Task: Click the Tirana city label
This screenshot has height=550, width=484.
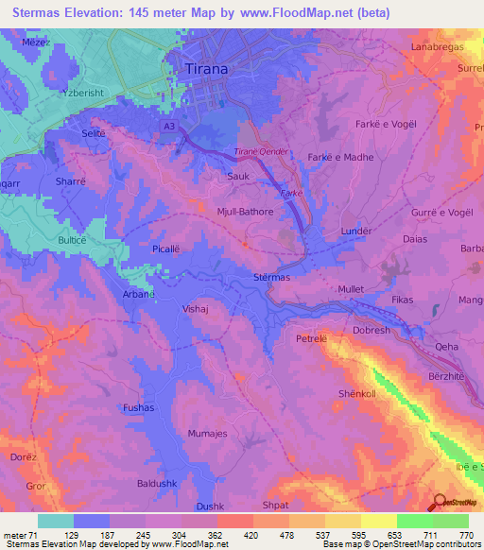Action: (x=207, y=69)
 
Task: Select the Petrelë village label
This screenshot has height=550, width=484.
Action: (x=311, y=337)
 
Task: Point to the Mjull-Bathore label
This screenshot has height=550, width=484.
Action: (x=245, y=212)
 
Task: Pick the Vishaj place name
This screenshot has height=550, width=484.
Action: (x=195, y=308)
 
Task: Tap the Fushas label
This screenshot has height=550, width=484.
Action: (x=139, y=407)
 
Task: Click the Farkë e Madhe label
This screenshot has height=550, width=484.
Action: (x=340, y=158)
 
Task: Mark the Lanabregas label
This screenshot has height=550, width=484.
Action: (x=435, y=46)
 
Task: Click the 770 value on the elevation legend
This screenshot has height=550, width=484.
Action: (x=464, y=536)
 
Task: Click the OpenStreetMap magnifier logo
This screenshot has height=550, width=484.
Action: (x=439, y=503)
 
